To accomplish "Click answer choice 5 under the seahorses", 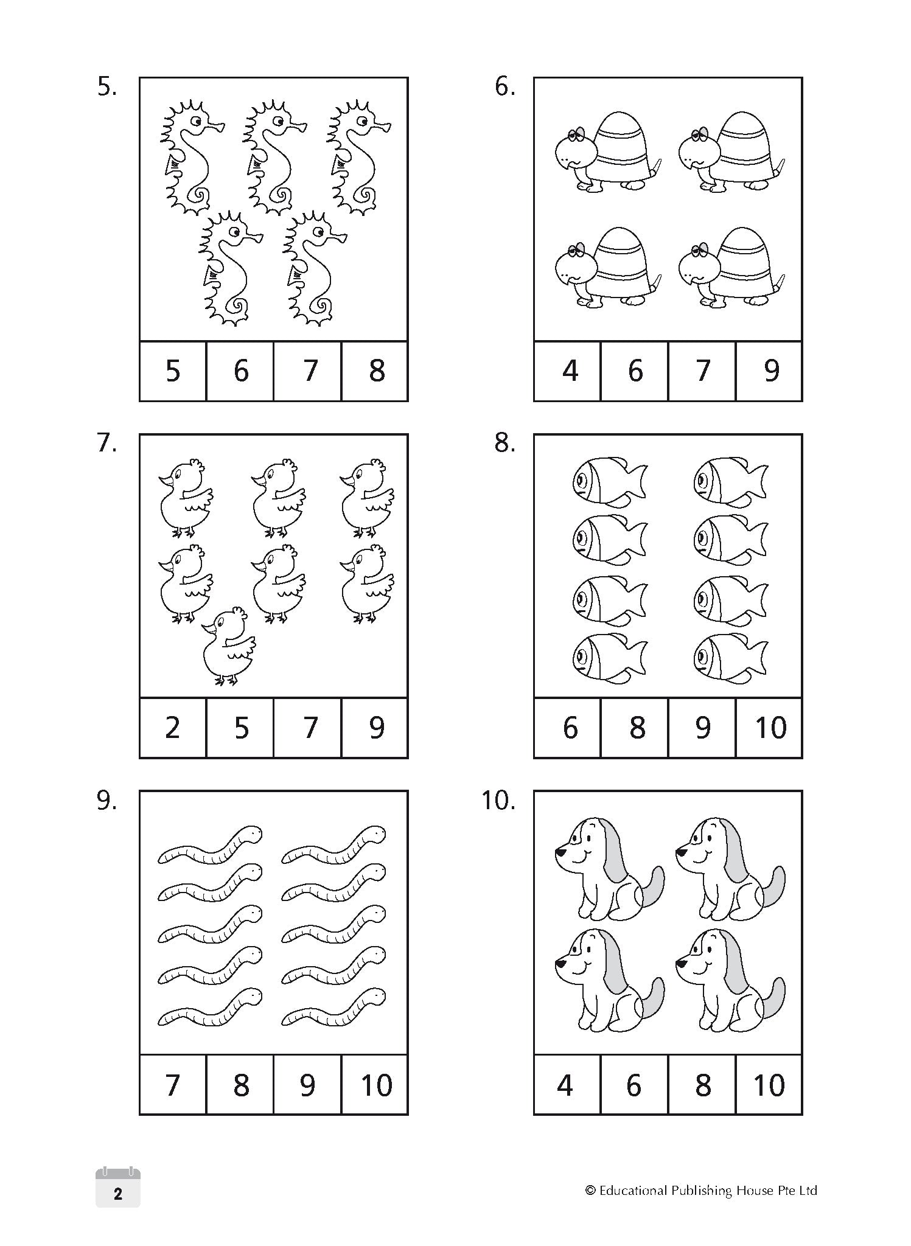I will click(173, 371).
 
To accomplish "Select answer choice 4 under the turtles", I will click(569, 371).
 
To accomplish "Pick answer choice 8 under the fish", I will click(636, 728).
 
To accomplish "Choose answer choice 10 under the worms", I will click(375, 1085).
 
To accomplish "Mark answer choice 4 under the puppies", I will click(565, 1085).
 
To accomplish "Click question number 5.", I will click(107, 88).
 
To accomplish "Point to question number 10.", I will click(498, 801).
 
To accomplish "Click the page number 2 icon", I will click(118, 1194).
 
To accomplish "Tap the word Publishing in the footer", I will click(700, 1191).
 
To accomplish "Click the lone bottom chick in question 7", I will click(228, 646).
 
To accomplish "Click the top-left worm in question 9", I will click(210, 844).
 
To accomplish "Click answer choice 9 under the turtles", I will click(770, 371).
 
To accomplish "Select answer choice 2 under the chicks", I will click(173, 728).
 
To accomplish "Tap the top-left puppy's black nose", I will click(559, 853).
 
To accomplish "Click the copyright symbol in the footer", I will click(590, 1191).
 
